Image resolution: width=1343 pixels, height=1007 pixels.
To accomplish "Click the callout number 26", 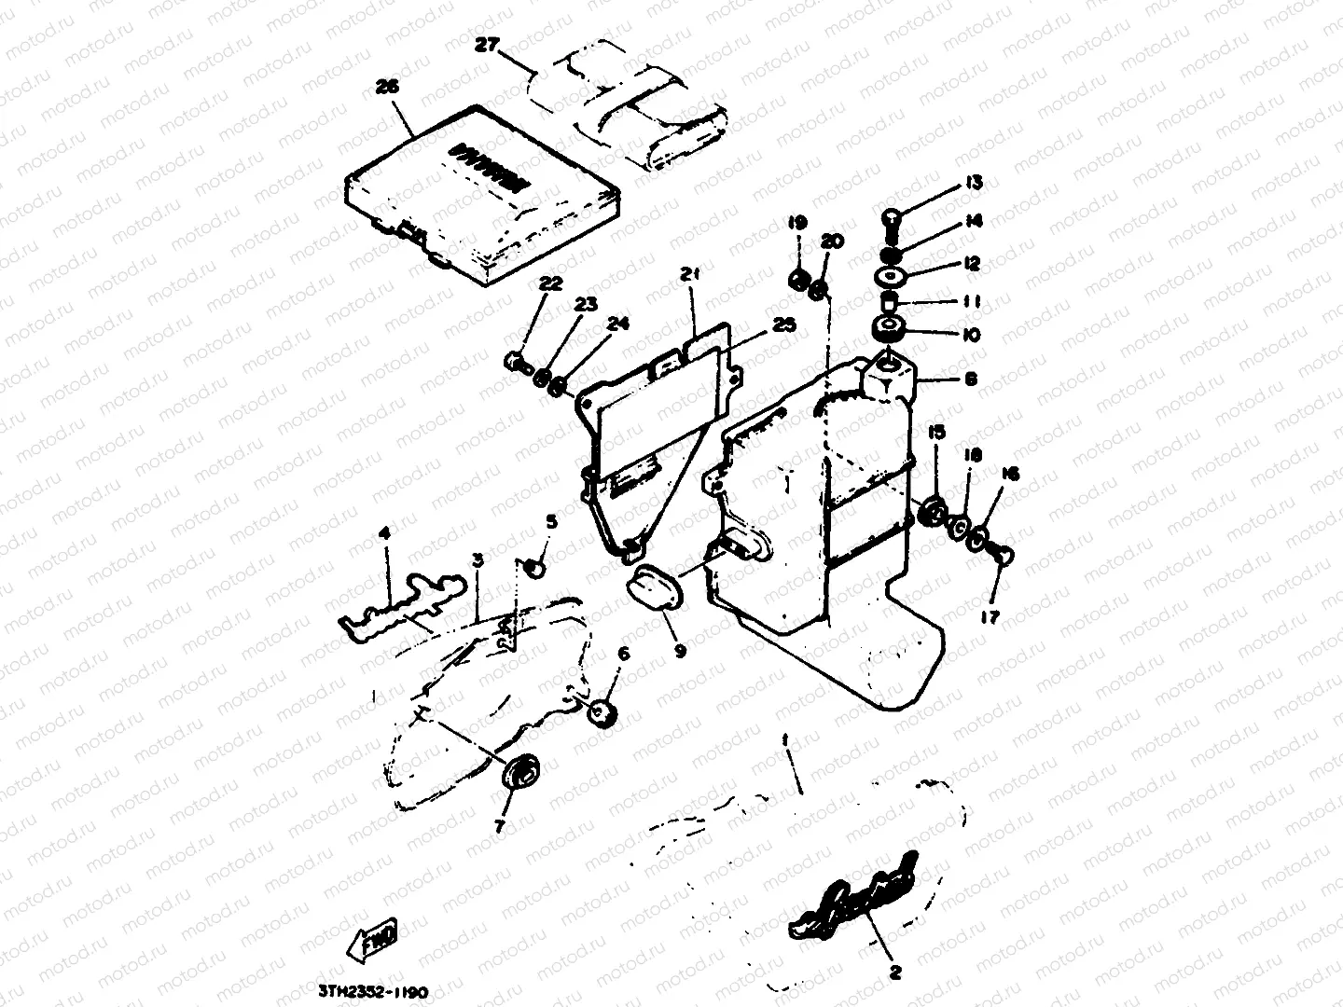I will [x=386, y=85].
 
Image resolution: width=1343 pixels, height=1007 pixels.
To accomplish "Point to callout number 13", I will [x=975, y=184].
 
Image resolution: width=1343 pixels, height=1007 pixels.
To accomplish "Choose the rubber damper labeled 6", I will [x=603, y=713].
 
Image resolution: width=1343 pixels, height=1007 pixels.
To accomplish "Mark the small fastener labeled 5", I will [x=535, y=565].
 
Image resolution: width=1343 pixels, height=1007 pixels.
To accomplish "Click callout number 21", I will [x=690, y=275].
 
